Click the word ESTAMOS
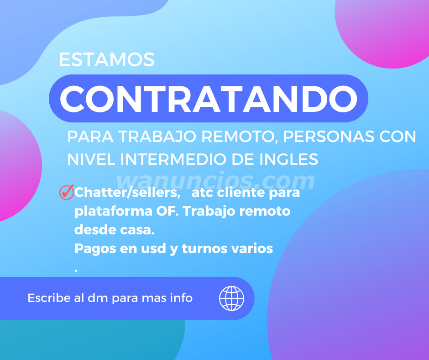(107, 59)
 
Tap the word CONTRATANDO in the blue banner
(209, 99)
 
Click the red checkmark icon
(67, 192)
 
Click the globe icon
(231, 298)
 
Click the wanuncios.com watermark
(215, 181)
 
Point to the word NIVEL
(92, 159)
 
